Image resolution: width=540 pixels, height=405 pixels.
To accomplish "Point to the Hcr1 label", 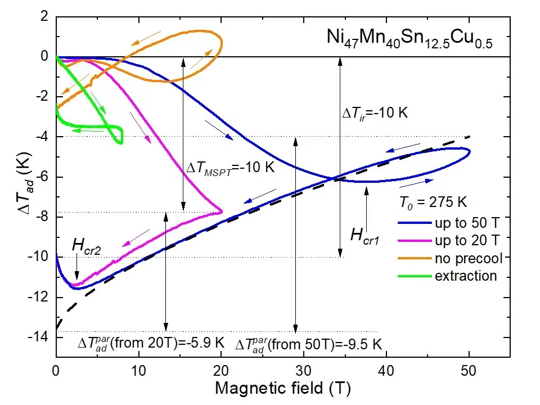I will click(366, 235).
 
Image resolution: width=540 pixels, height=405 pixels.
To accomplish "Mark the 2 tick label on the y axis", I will click(45, 17).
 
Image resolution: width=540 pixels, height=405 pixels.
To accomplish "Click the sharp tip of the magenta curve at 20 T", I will click(222, 211).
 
